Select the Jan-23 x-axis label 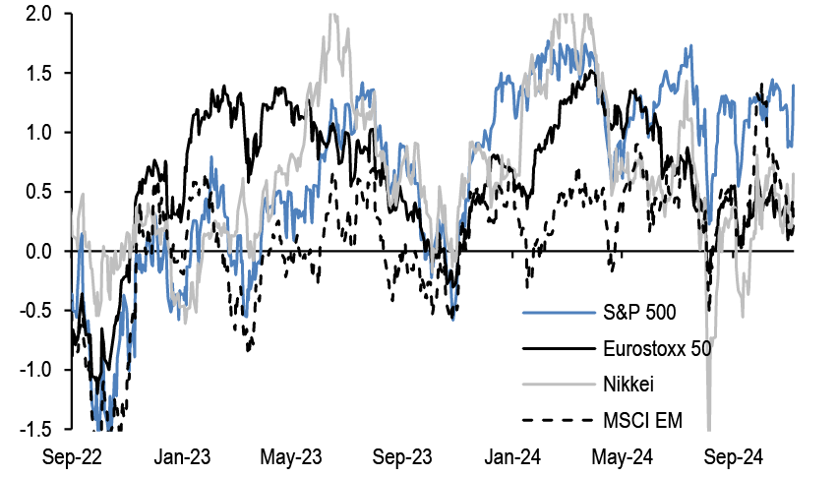point(183,457)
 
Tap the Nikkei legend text point(628,385)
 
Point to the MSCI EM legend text point(640,421)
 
